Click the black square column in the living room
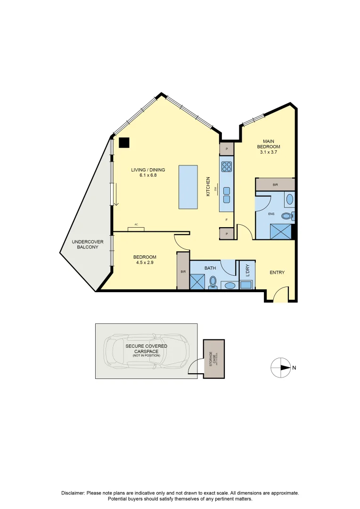124,142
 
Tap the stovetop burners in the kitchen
227,166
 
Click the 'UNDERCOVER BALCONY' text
85,244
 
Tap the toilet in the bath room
213,282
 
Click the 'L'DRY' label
247,271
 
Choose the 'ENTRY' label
277,272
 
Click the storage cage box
214,359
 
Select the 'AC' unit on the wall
136,229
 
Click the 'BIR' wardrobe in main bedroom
275,185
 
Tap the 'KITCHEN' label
207,187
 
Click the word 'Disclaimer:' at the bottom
73,493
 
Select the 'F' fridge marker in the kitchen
227,220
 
